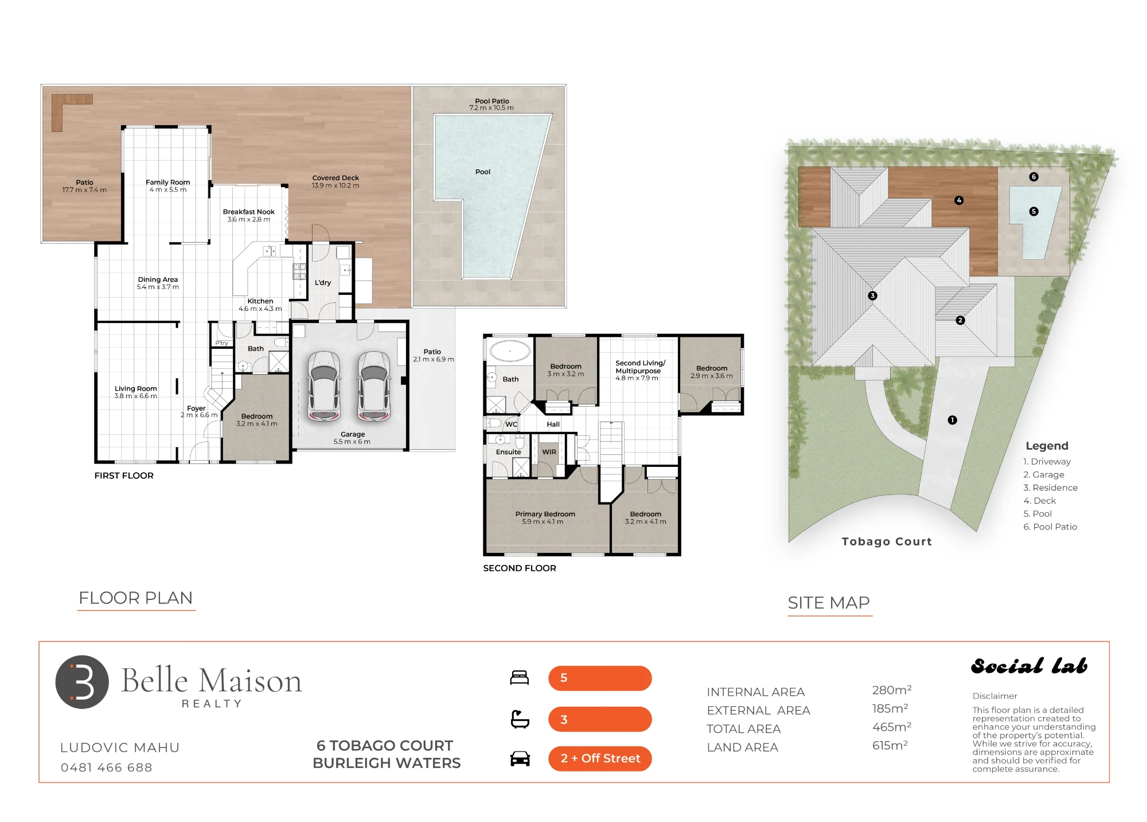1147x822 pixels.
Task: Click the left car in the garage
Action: [324, 387]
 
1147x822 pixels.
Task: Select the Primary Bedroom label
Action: [545, 514]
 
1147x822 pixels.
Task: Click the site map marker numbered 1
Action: [953, 420]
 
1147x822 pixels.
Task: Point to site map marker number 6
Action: [1034, 177]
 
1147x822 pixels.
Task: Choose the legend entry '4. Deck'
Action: [1040, 501]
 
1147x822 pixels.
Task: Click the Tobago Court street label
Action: [887, 541]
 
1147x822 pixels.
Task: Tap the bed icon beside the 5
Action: [520, 677]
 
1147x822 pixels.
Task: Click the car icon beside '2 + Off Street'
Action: [520, 758]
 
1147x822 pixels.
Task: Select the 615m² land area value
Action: [890, 745]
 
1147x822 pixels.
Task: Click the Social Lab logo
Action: [1029, 666]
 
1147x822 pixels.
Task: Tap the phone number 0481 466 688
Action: [107, 768]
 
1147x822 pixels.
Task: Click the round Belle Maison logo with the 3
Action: [82, 682]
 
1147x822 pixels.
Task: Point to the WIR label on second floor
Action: [549, 452]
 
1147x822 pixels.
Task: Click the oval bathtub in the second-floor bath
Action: [510, 351]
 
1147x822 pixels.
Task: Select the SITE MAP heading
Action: [829, 603]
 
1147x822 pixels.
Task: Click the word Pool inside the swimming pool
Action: [483, 172]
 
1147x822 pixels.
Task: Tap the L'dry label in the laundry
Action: [323, 283]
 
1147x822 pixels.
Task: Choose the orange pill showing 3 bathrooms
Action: [600, 719]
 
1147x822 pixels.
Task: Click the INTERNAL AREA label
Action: [756, 692]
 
